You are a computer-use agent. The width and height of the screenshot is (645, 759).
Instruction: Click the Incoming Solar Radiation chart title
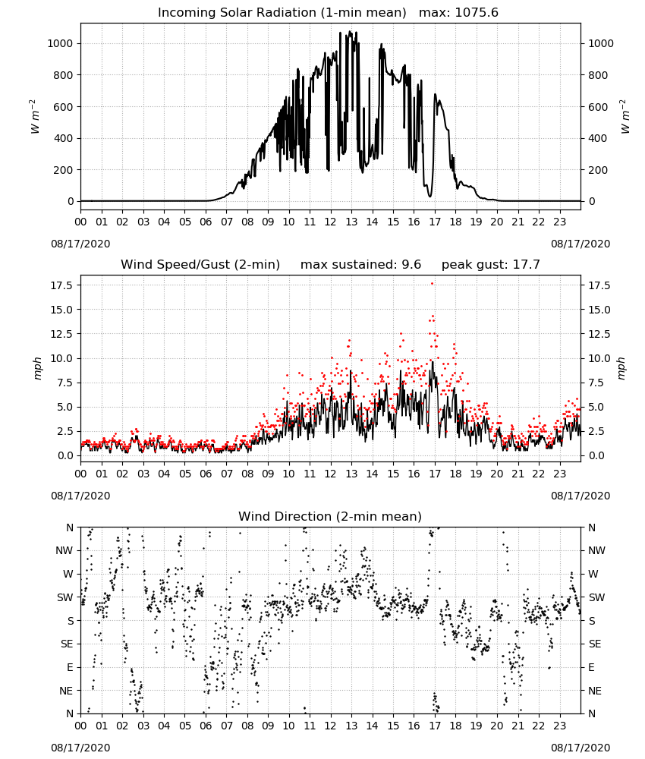[282, 13]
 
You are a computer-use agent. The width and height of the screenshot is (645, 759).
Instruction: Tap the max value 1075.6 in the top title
[477, 13]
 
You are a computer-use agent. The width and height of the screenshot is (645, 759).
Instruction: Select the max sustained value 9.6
[411, 265]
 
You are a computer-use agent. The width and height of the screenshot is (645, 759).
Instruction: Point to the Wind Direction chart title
[330, 516]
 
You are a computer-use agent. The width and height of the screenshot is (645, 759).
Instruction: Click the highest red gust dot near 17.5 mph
[432, 284]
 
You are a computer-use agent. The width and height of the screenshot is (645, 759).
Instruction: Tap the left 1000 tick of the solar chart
[60, 43]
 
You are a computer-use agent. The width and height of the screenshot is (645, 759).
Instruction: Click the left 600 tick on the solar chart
[64, 107]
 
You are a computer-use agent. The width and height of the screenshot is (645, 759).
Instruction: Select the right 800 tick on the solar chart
[598, 75]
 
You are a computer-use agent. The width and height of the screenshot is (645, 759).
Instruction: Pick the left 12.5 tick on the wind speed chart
[61, 334]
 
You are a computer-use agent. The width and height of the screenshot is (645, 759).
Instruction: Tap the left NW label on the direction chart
[64, 551]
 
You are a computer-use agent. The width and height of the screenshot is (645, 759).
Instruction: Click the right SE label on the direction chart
[595, 644]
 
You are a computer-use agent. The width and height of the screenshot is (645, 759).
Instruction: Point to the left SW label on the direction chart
[64, 598]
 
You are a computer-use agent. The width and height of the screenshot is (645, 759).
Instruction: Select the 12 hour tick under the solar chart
[330, 222]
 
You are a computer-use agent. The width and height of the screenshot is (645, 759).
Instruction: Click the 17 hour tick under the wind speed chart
[435, 474]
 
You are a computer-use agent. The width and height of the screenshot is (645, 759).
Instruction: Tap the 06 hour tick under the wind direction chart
[206, 726]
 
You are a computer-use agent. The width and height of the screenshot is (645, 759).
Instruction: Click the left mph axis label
[38, 368]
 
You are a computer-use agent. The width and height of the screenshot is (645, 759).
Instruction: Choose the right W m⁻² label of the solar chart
[624, 117]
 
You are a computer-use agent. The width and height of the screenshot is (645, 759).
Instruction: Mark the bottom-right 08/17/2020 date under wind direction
[580, 748]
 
